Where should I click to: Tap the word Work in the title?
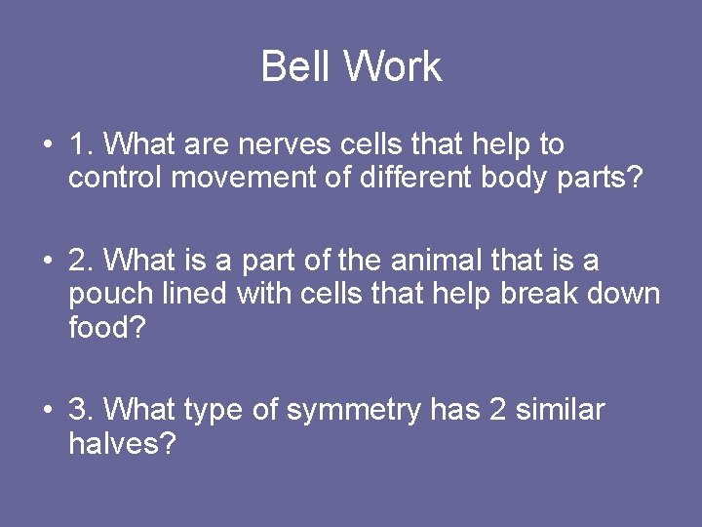coord(393,67)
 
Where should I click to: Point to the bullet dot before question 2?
coord(47,263)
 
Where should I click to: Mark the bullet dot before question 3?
coord(47,411)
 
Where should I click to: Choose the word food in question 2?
coord(106,327)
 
